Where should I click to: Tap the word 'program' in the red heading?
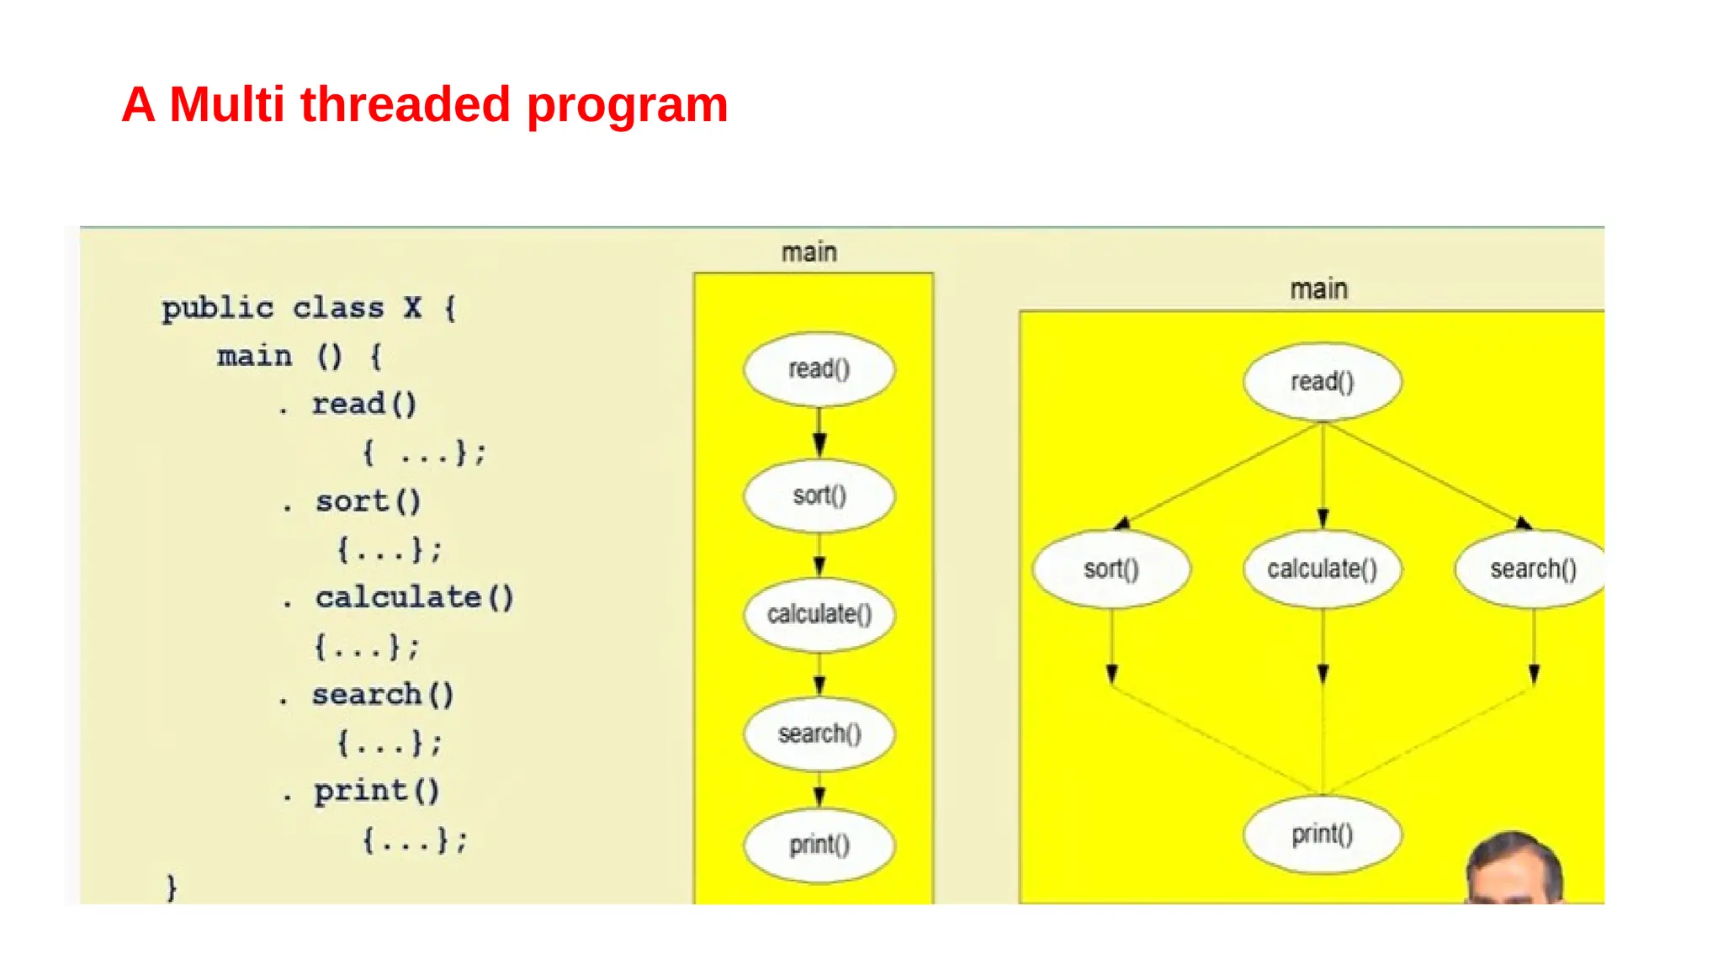point(627,106)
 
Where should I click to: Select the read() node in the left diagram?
point(819,368)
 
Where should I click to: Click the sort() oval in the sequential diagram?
point(819,495)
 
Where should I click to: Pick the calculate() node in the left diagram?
point(819,614)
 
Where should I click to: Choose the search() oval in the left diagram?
point(819,733)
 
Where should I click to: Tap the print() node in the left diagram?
point(819,845)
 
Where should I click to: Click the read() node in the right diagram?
point(1322,381)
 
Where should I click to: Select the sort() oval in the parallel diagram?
point(1111,569)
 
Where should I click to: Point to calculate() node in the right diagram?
point(1322,569)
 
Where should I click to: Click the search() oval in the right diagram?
point(1532,569)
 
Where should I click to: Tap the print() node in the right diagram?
point(1322,834)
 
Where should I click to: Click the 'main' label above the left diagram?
point(808,252)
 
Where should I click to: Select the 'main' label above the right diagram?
point(1318,289)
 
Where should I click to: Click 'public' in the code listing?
point(218,308)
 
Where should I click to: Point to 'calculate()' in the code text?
point(414,597)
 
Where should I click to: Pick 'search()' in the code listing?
point(383,695)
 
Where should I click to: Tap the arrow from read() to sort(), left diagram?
point(819,432)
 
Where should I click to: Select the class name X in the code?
point(411,308)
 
